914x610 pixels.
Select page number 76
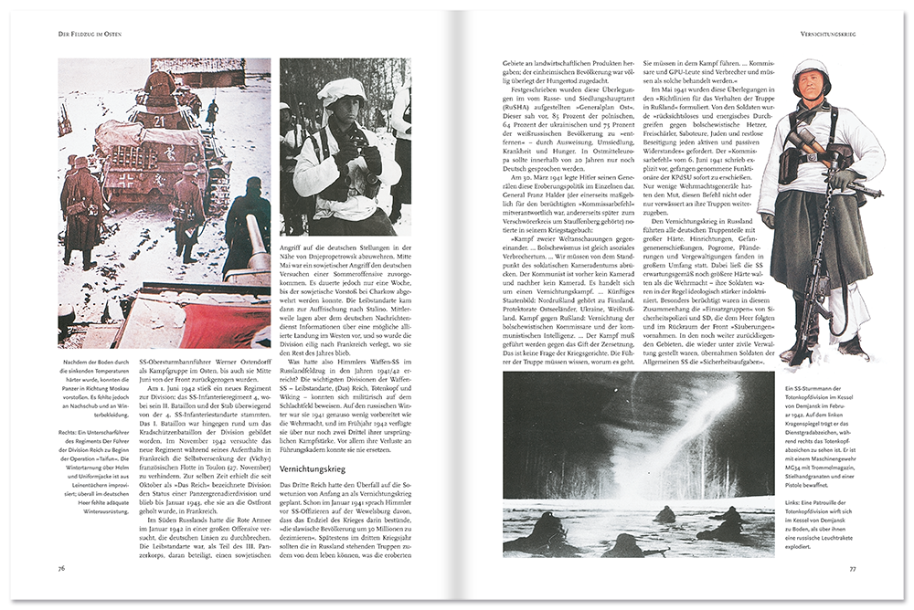61,567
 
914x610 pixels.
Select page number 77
852,567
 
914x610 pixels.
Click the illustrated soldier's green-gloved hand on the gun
842,178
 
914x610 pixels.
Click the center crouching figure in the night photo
664,515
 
